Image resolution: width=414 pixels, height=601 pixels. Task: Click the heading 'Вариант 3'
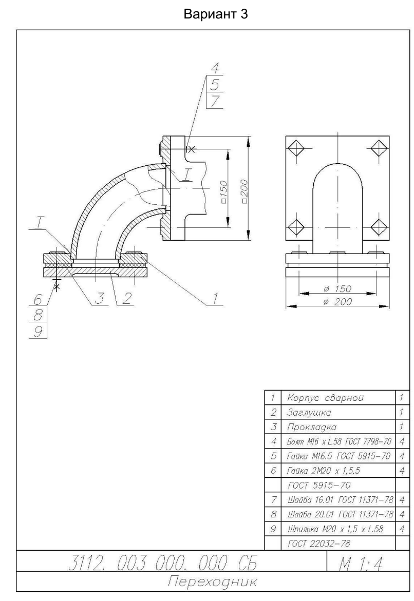[216, 14]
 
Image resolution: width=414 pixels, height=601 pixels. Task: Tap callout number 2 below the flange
[127, 298]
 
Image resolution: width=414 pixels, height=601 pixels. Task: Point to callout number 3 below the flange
[99, 298]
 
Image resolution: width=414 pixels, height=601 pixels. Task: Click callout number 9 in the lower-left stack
[37, 331]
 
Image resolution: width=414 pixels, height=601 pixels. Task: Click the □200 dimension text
[244, 189]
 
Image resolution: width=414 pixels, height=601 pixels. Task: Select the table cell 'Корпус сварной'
[325, 398]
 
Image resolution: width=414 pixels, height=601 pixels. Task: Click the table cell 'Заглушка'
[309, 413]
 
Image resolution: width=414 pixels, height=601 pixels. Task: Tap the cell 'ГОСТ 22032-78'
[319, 543]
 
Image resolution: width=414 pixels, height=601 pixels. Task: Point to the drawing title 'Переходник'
[213, 582]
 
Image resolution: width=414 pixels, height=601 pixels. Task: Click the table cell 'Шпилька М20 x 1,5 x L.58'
[335, 529]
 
